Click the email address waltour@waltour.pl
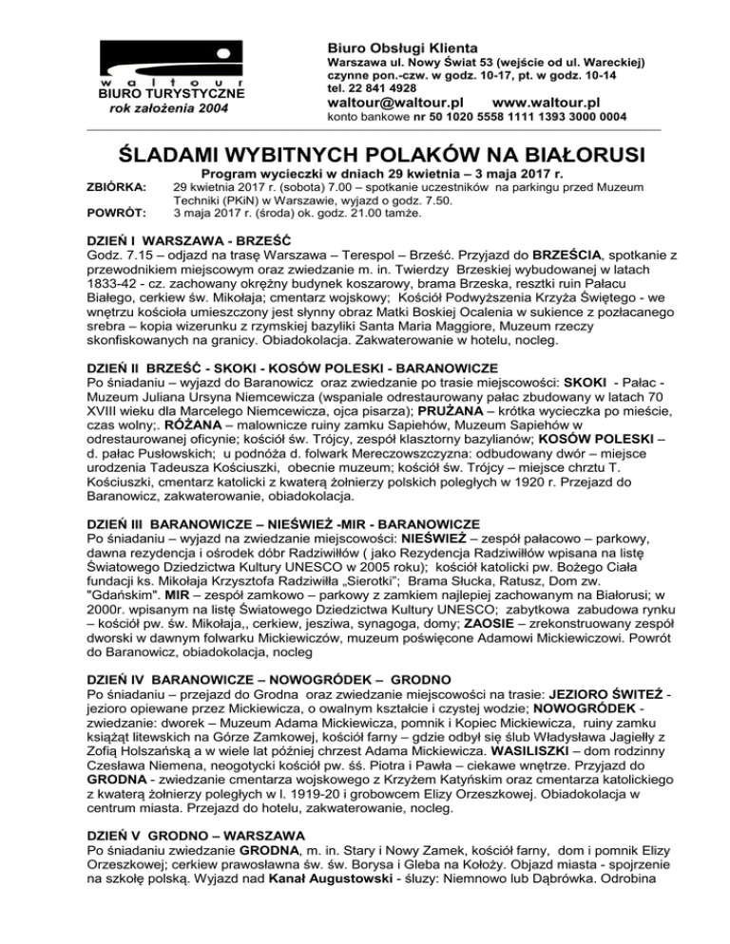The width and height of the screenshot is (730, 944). pos(394,102)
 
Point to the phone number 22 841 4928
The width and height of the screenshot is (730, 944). pos(372,85)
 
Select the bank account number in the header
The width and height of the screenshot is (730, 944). pos(519,118)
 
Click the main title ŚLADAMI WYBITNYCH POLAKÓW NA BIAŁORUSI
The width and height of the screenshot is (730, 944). pos(365,154)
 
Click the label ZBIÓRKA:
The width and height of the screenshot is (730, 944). pos(117,188)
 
